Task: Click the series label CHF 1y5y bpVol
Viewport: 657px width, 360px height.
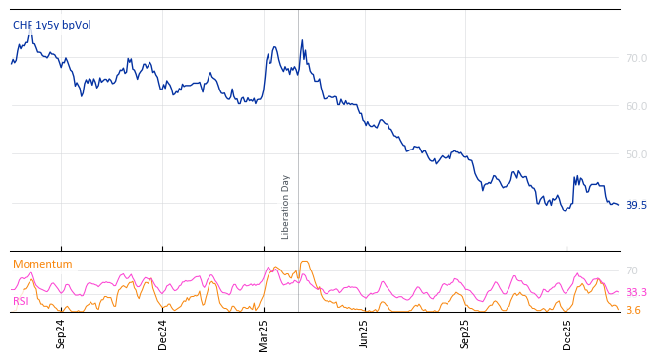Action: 51,25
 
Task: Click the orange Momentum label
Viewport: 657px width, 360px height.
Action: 42,265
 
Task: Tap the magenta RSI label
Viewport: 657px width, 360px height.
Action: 21,302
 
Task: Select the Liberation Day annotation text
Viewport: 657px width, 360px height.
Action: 286,207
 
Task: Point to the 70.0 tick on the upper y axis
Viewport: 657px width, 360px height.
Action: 636,58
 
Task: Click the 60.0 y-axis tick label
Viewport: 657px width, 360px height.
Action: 636,106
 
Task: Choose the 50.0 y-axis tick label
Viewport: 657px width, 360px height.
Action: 636,154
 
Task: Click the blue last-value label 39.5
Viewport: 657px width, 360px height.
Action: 636,205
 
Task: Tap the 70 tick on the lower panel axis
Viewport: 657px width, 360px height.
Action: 631,270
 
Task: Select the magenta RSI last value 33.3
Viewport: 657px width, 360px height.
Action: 636,293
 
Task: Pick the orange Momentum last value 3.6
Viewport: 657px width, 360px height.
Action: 633,311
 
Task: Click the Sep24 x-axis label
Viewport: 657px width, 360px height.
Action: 61,333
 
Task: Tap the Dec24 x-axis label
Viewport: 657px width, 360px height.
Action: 163,333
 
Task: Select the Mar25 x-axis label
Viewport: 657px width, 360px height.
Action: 264,333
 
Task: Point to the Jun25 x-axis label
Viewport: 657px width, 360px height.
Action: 365,333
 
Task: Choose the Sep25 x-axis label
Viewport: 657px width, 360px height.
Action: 466,333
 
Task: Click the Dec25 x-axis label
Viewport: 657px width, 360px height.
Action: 567,333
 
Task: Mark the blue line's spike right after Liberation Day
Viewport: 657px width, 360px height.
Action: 302,41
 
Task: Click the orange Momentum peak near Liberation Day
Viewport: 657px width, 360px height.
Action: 304,262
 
